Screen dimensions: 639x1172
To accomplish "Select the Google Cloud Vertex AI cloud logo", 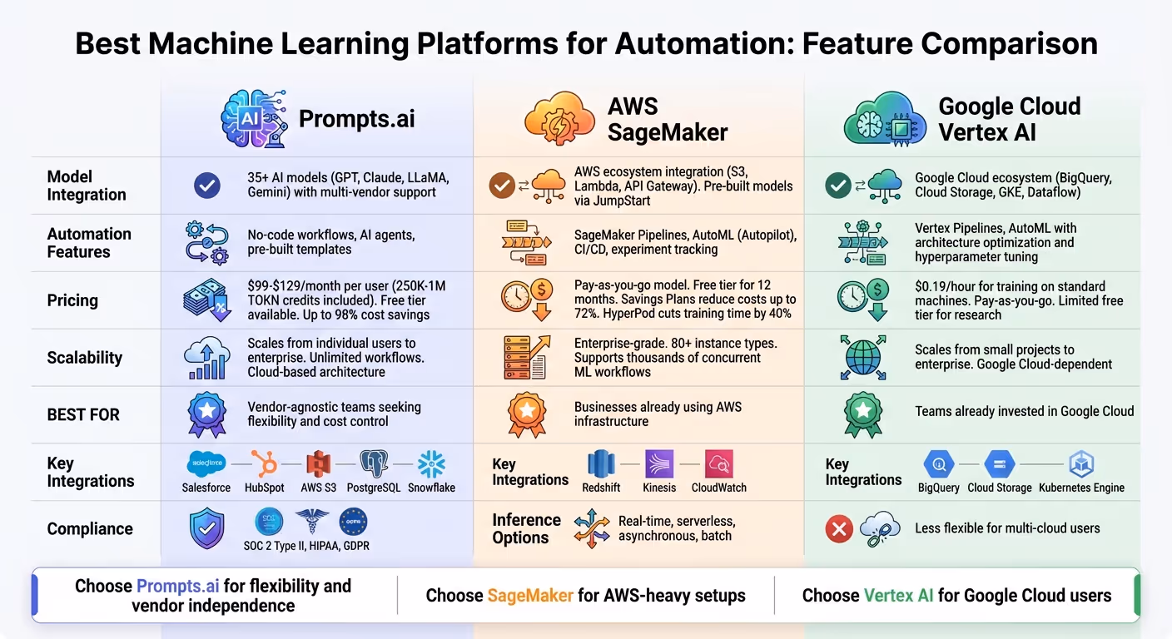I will (x=885, y=119).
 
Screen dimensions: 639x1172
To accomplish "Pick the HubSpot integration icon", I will (x=264, y=463).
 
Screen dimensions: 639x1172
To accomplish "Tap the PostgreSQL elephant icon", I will (x=374, y=463).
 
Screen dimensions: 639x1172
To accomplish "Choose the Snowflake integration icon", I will (x=431, y=463).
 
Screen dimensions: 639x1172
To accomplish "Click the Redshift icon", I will (x=601, y=464).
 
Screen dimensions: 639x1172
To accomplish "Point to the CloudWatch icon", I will (x=718, y=464).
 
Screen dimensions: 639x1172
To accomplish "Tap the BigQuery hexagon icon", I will (x=938, y=464).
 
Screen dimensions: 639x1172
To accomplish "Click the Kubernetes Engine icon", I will (x=1081, y=464).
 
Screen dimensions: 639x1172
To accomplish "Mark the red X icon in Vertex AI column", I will (x=839, y=528).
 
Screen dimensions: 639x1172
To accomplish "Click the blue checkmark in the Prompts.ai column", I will (x=206, y=186).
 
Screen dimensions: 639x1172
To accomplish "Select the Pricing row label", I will (x=72, y=300).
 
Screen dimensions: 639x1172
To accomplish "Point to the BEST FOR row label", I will (x=83, y=414).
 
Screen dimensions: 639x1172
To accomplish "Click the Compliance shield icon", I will (x=206, y=528).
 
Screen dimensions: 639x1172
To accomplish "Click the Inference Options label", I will (x=526, y=528).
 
